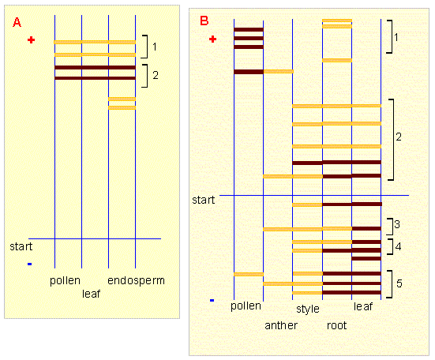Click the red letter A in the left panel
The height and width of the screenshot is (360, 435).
pyautogui.click(x=17, y=22)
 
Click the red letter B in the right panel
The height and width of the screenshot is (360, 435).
pyautogui.click(x=204, y=21)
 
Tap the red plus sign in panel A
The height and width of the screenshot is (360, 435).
pyautogui.click(x=32, y=40)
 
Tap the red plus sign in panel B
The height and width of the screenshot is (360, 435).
pyautogui.click(x=213, y=39)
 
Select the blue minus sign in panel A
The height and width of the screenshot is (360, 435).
pyautogui.click(x=30, y=264)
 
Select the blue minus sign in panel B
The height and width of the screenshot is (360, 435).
pyautogui.click(x=212, y=300)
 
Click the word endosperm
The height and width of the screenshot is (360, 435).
pyautogui.click(x=137, y=281)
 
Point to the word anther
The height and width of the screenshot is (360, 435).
pyautogui.click(x=281, y=325)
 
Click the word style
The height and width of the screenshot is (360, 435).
pyautogui.click(x=308, y=309)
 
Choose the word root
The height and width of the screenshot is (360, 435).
pyautogui.click(x=337, y=325)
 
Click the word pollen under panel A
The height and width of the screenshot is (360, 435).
pyautogui.click(x=65, y=281)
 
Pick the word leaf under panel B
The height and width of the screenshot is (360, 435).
pyautogui.click(x=363, y=306)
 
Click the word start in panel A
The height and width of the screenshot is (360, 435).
pyautogui.click(x=21, y=246)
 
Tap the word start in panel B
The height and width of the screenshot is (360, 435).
pyautogui.click(x=204, y=200)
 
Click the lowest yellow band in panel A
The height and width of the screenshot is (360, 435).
pyautogui.click(x=122, y=107)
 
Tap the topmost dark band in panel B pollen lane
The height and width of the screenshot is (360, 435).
pyautogui.click(x=249, y=30)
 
